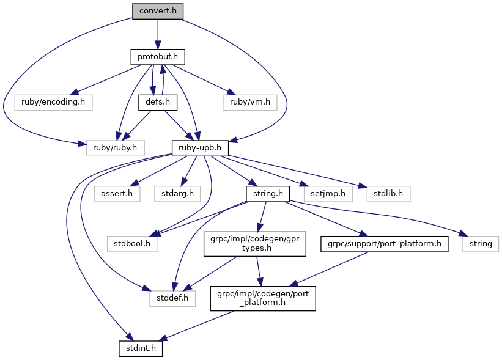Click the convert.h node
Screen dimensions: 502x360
coord(158,11)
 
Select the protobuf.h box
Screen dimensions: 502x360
coord(158,57)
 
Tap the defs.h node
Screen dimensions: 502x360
coord(158,103)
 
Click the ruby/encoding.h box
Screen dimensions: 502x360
coord(53,103)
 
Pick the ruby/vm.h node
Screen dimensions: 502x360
coord(249,103)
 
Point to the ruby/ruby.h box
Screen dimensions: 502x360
coord(115,148)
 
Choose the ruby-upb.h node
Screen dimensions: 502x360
coord(200,148)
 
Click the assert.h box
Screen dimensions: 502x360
coord(117,194)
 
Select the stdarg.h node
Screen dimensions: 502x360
coord(177,194)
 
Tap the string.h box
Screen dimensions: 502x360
coord(268,194)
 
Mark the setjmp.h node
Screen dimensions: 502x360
coord(328,194)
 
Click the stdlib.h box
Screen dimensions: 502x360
coord(388,194)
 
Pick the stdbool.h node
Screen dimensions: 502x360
coord(132,244)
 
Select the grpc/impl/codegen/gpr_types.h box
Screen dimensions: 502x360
coord(255,244)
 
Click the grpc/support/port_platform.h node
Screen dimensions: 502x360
coord(384,244)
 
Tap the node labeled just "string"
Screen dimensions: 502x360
coord(481,244)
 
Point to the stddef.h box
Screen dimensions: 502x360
coord(172,298)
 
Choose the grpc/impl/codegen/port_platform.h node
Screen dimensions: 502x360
coord(263,298)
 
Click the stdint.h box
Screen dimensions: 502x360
coord(141,348)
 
